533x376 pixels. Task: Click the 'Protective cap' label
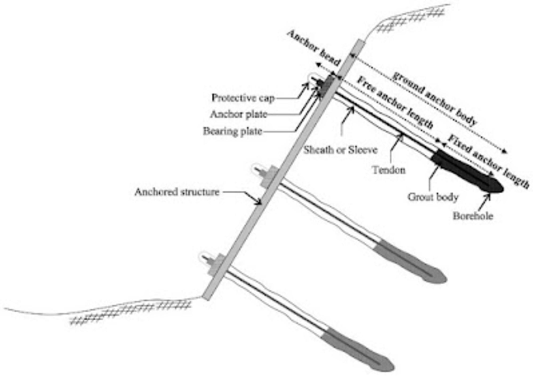[243, 98]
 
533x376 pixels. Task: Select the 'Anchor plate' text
[239, 114]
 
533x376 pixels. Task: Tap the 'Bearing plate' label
[233, 131]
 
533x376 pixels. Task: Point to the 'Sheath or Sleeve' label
[341, 150]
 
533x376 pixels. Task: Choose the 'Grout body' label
[433, 197]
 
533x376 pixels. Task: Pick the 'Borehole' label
[473, 216]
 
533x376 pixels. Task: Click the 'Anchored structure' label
[177, 192]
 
